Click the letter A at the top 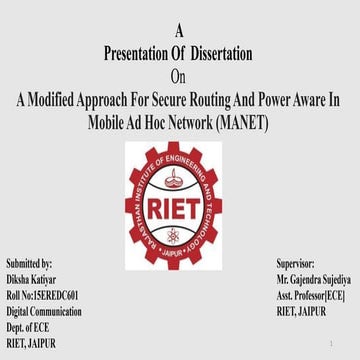[x=179, y=31]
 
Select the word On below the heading [x=179, y=75]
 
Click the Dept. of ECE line [x=27, y=328]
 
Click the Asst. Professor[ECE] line [x=311, y=297]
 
